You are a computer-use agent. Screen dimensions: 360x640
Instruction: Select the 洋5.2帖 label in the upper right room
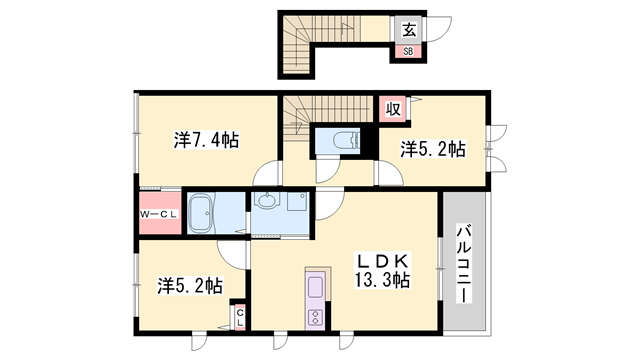click(433, 149)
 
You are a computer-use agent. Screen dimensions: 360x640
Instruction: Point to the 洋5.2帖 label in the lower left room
click(189, 285)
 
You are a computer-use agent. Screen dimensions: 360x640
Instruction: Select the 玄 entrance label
click(409, 28)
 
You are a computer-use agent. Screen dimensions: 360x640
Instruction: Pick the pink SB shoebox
click(408, 50)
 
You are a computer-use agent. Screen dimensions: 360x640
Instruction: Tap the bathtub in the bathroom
click(204, 214)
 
